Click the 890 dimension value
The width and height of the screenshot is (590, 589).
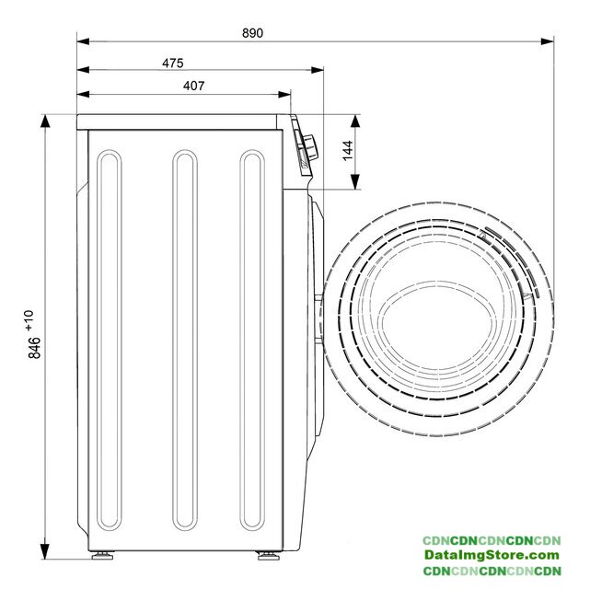coord(252,33)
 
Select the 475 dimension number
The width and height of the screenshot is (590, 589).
coord(173,63)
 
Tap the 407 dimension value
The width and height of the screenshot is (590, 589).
coord(194,86)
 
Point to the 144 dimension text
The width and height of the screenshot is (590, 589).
coord(348,150)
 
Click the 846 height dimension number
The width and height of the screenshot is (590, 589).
coord(34,348)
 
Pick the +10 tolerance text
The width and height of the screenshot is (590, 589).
coord(29,320)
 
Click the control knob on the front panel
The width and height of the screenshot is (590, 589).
coord(311,147)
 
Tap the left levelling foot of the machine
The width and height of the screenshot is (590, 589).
coord(102,555)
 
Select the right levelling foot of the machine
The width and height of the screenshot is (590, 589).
coord(268,555)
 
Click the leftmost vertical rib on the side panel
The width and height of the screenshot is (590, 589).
coord(110,340)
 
